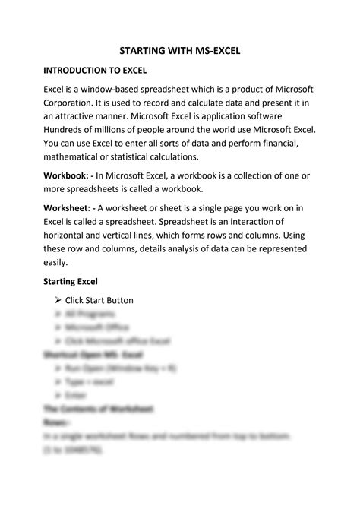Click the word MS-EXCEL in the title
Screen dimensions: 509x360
click(x=214, y=51)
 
